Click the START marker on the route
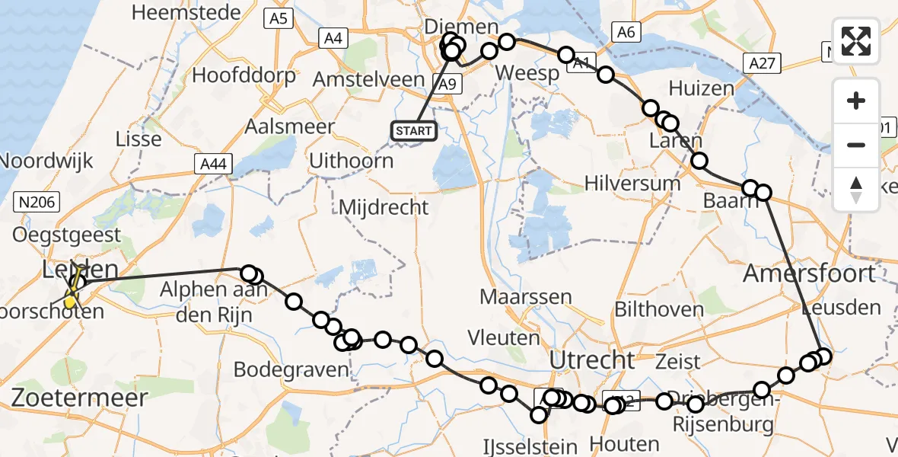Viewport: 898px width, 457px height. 414,131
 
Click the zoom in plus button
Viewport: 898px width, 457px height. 856,101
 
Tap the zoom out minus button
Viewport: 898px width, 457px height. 856,145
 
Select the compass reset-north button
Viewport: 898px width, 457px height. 856,189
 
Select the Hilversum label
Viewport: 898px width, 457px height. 632,183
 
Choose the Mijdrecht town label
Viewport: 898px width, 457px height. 384,206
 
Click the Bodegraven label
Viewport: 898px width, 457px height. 291,370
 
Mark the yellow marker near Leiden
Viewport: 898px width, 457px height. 71,302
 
